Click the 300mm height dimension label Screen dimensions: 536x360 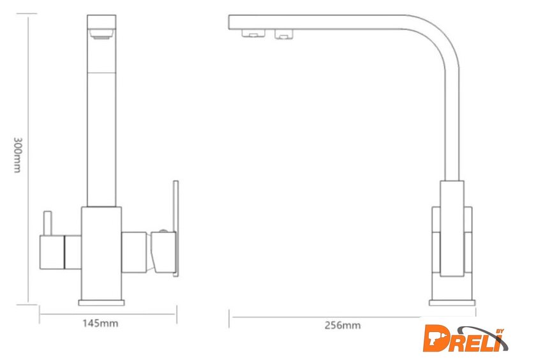pos(17,155)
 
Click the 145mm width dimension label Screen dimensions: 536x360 pos(100,323)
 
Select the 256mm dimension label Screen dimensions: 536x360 pos(343,325)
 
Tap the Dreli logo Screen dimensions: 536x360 pos(465,338)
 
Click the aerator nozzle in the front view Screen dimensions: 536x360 pos(101,34)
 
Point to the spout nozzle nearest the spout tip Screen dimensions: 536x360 pos(253,33)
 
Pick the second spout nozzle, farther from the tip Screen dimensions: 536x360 pos(284,34)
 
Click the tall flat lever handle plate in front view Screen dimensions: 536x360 pos(175,228)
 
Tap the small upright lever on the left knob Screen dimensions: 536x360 pos(47,223)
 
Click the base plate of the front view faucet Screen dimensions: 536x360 pos(101,303)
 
